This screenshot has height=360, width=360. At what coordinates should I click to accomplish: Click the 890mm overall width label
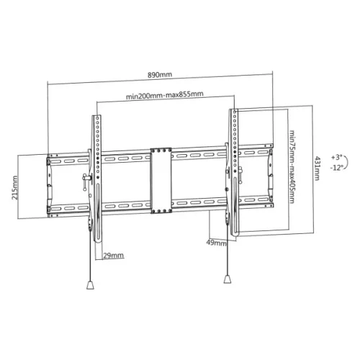point(161,74)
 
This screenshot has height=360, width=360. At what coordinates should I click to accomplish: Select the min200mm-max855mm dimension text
point(164,94)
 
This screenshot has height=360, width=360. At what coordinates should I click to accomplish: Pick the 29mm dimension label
point(113,255)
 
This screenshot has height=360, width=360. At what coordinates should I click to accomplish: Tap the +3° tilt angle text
point(337,156)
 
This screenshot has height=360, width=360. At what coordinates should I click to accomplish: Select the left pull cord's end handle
point(90,285)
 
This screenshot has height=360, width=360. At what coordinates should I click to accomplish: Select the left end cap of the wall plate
point(50,184)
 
